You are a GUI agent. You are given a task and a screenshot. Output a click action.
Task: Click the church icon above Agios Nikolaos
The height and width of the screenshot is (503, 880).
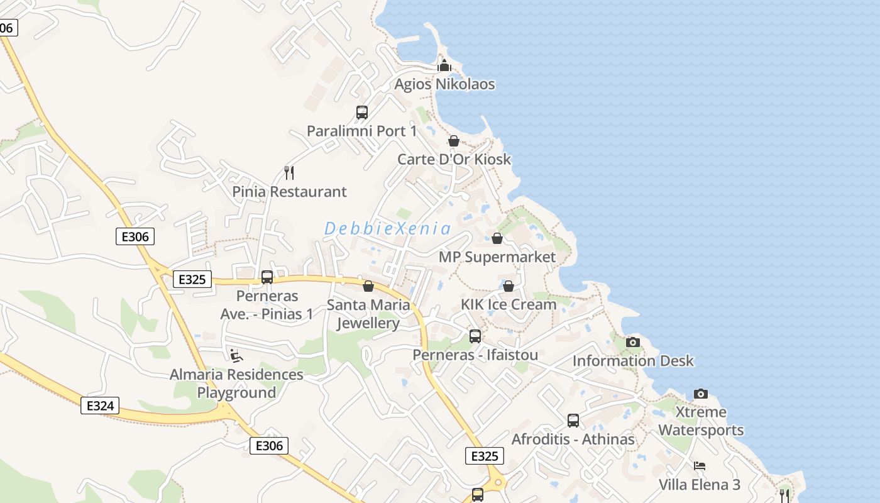[444, 65]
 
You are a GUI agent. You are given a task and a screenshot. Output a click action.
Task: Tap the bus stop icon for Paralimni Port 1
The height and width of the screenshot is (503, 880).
[362, 113]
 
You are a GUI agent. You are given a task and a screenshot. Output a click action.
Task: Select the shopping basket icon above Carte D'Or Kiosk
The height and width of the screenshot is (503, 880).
[454, 141]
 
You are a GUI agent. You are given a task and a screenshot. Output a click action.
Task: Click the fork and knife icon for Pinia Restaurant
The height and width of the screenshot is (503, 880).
[289, 172]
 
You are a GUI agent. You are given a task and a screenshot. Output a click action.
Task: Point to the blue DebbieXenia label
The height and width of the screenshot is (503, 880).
[387, 229]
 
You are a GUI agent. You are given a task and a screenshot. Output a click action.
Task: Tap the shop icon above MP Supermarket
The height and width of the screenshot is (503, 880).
[497, 238]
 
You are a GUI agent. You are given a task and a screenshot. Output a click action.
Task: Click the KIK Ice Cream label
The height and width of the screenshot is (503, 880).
[509, 304]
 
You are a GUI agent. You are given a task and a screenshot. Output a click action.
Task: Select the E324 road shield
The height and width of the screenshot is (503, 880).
[100, 406]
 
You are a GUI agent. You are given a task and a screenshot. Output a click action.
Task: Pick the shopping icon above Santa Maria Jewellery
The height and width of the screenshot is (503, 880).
[368, 286]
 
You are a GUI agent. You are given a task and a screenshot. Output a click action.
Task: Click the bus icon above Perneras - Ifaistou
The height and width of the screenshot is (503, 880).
[475, 336]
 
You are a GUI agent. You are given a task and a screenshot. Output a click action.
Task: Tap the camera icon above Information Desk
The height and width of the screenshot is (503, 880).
[633, 342]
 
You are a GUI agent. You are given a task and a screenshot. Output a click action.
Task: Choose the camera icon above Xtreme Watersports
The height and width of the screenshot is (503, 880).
[701, 394]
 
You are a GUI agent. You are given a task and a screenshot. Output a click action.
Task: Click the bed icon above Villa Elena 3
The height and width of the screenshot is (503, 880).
[700, 466]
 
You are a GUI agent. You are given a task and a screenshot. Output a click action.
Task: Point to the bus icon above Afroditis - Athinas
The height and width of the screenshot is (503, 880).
[573, 420]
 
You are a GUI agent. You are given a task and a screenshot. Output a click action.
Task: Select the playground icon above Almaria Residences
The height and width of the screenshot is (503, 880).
[236, 356]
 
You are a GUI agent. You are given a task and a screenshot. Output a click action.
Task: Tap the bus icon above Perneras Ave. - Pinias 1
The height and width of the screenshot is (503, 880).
[267, 277]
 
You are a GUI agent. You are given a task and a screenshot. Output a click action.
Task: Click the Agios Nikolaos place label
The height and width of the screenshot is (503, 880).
[444, 84]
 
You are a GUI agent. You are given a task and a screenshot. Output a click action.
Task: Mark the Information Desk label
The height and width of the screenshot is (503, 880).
[633, 361]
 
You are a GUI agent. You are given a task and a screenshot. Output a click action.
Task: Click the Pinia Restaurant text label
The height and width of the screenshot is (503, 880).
[289, 192]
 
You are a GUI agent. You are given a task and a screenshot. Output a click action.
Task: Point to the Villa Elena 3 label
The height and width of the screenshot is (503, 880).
[700, 485]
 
